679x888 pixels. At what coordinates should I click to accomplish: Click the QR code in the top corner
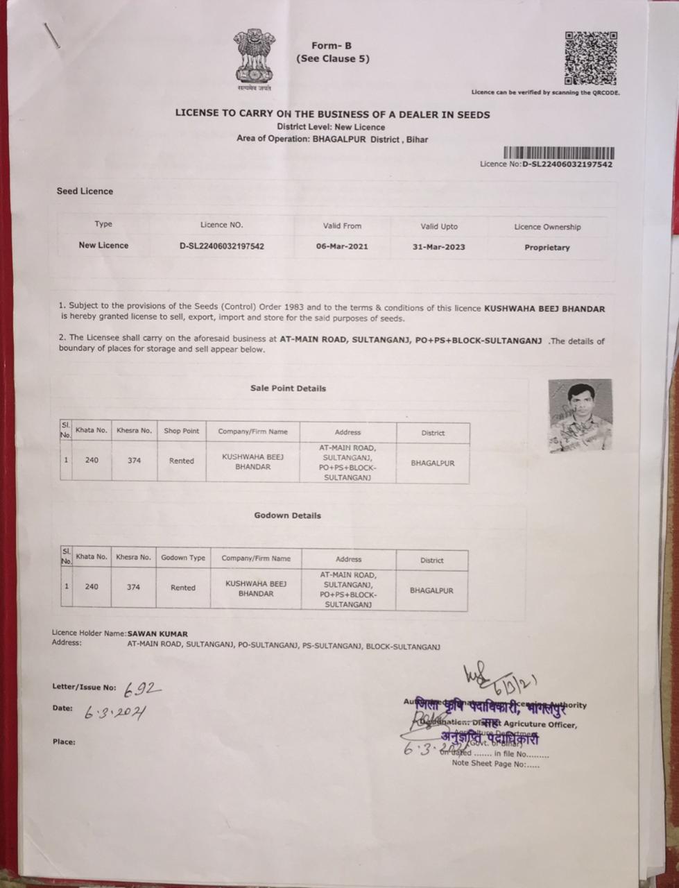(x=590, y=58)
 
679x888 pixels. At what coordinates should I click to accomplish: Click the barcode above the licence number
(x=558, y=153)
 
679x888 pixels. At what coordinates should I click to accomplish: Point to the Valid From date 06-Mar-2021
(x=342, y=246)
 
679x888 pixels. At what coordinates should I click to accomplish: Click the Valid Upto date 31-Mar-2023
(x=438, y=247)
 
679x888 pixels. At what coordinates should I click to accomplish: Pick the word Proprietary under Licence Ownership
(x=547, y=248)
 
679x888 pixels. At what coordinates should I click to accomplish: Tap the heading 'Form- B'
(x=332, y=46)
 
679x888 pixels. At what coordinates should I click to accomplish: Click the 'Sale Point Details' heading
(x=288, y=388)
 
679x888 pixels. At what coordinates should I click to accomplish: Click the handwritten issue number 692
(x=142, y=689)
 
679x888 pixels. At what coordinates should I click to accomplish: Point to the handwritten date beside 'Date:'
(x=115, y=713)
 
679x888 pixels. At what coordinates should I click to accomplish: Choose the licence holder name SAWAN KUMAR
(x=157, y=633)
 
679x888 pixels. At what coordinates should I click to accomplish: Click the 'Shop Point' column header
(x=181, y=431)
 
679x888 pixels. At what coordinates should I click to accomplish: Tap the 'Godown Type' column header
(x=183, y=558)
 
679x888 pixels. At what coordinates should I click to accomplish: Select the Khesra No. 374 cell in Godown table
(x=133, y=587)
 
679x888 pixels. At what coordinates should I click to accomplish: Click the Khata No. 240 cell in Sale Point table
(x=92, y=460)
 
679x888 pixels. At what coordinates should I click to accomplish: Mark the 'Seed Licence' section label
(x=85, y=191)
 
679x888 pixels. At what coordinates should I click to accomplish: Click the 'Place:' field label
(x=64, y=742)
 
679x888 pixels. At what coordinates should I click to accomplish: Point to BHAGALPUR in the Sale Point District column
(x=432, y=463)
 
